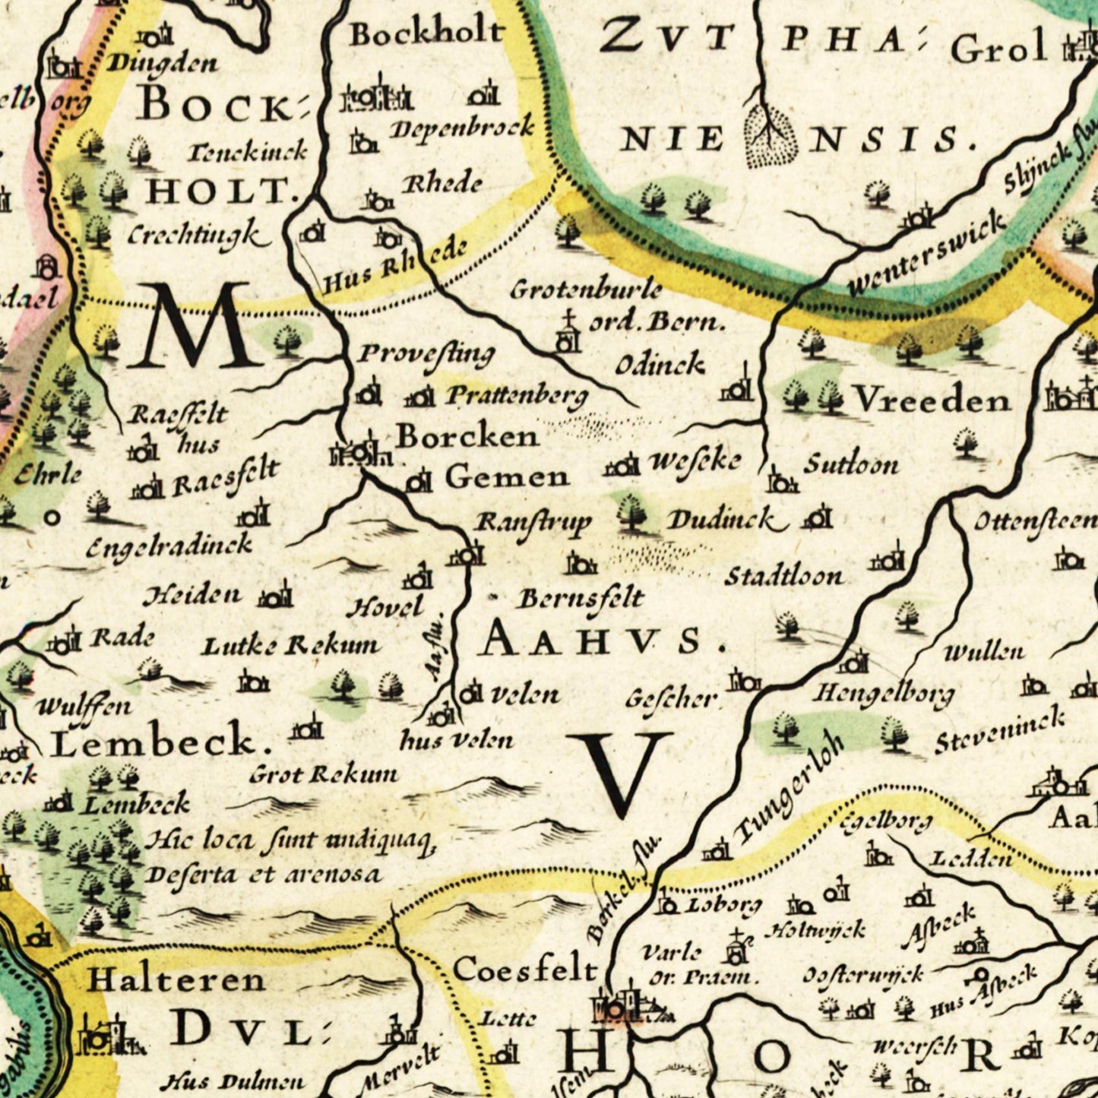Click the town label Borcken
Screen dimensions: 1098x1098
click(467, 436)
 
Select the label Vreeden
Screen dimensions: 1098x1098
click(931, 400)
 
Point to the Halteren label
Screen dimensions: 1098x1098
click(176, 979)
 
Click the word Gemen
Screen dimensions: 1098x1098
click(506, 477)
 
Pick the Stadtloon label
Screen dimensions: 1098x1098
click(783, 576)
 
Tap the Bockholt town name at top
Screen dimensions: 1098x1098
click(426, 33)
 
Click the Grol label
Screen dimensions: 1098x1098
click(998, 50)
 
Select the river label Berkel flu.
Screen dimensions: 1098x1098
click(623, 889)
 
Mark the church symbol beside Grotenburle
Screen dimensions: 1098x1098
click(566, 333)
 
